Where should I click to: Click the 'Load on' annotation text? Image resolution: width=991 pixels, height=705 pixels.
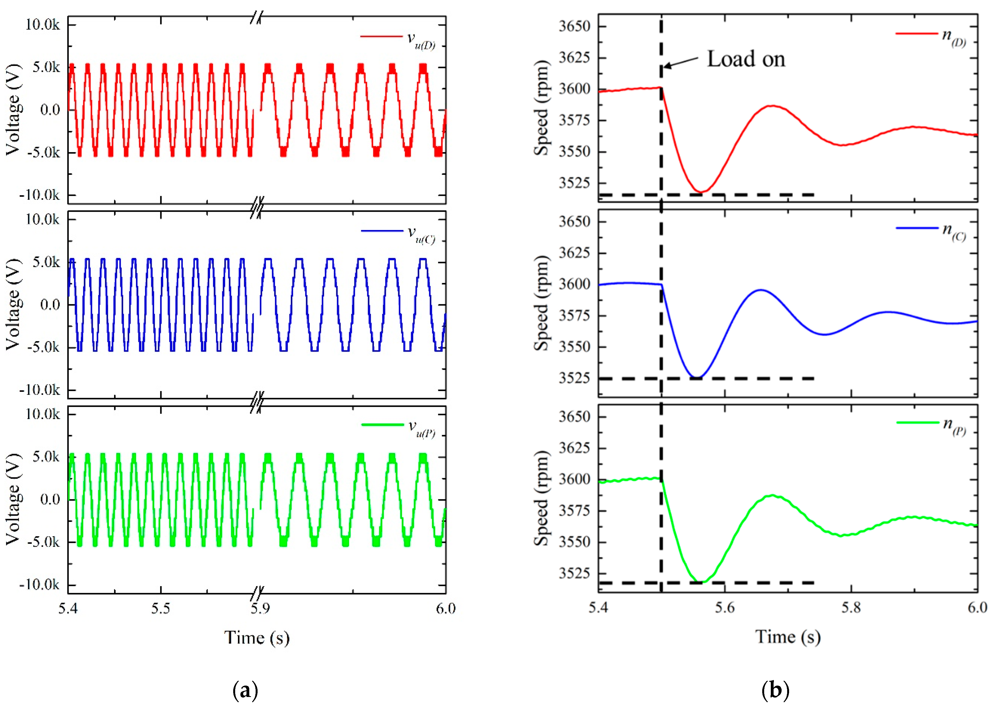746,59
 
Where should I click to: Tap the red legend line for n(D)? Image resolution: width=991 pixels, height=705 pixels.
916,34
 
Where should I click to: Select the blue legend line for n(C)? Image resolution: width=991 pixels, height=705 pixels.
917,228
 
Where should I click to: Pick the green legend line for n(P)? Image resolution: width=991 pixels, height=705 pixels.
917,422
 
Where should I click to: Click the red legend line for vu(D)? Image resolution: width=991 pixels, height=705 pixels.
381,37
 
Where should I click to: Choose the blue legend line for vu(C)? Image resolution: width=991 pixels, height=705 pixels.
382,231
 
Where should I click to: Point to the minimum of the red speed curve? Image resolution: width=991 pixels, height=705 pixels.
700,191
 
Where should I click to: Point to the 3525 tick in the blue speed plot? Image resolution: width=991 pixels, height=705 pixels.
574,378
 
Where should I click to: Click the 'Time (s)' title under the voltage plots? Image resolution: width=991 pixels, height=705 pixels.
256,638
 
